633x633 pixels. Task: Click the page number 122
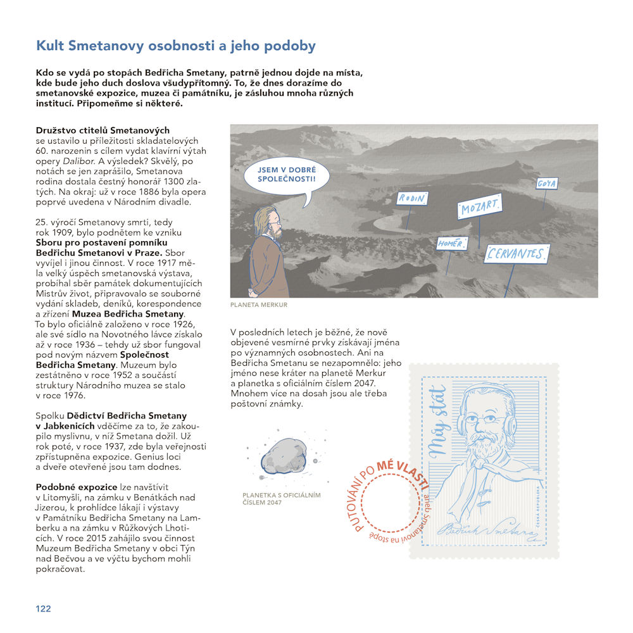point(43,609)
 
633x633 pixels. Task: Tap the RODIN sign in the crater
point(412,199)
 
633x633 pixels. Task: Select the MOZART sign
point(479,206)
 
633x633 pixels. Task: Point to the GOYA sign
point(546,184)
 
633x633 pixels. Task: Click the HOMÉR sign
point(452,243)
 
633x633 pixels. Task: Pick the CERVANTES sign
point(515,254)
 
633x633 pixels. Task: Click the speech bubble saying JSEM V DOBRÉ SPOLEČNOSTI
point(287,175)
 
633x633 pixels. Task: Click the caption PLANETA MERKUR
point(259,305)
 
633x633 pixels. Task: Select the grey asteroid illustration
point(284,456)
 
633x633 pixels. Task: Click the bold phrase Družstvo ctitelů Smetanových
point(103,130)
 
